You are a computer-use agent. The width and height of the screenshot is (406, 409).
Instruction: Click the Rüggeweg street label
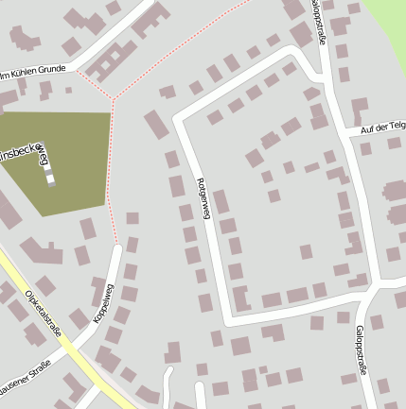coord(202,197)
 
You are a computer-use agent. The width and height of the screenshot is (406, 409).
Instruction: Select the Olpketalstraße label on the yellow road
coord(44,313)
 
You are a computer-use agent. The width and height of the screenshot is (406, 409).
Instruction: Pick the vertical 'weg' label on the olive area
coord(43,154)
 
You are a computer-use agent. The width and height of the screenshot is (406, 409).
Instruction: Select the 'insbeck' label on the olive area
coord(18,150)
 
